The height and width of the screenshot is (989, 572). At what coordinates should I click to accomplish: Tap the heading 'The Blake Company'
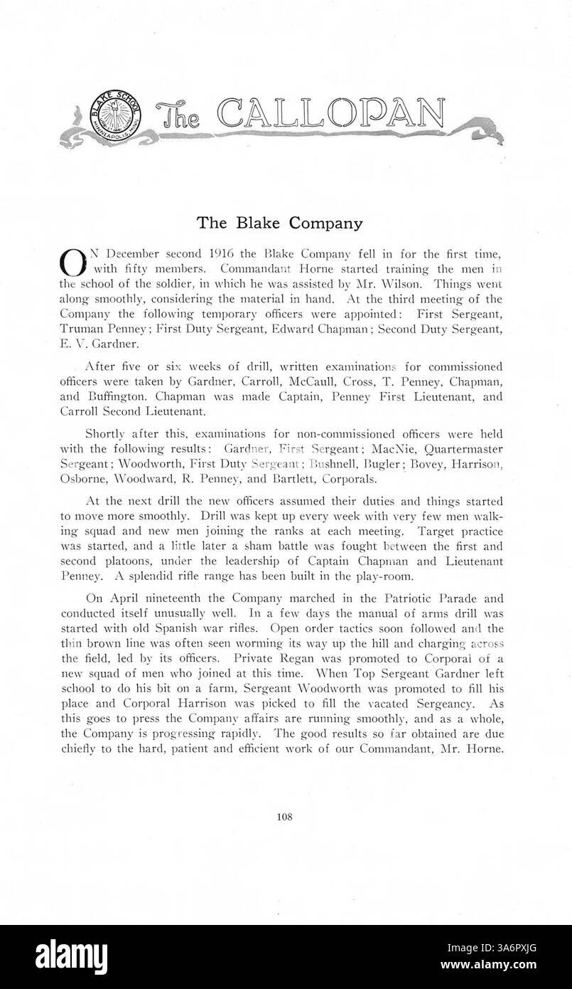279,223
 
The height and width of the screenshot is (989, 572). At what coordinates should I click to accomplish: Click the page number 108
285,817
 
